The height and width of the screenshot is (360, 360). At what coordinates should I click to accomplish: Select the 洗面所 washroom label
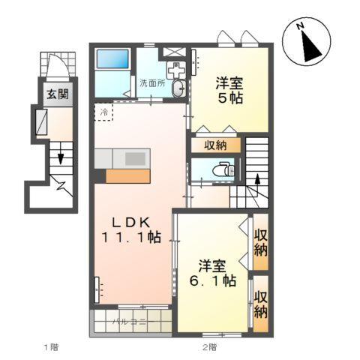tap(152, 83)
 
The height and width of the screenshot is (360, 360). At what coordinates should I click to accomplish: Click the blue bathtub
tap(114, 61)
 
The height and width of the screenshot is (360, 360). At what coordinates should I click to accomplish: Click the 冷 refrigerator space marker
tap(103, 112)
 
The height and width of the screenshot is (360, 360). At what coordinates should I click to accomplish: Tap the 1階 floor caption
tap(50, 346)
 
